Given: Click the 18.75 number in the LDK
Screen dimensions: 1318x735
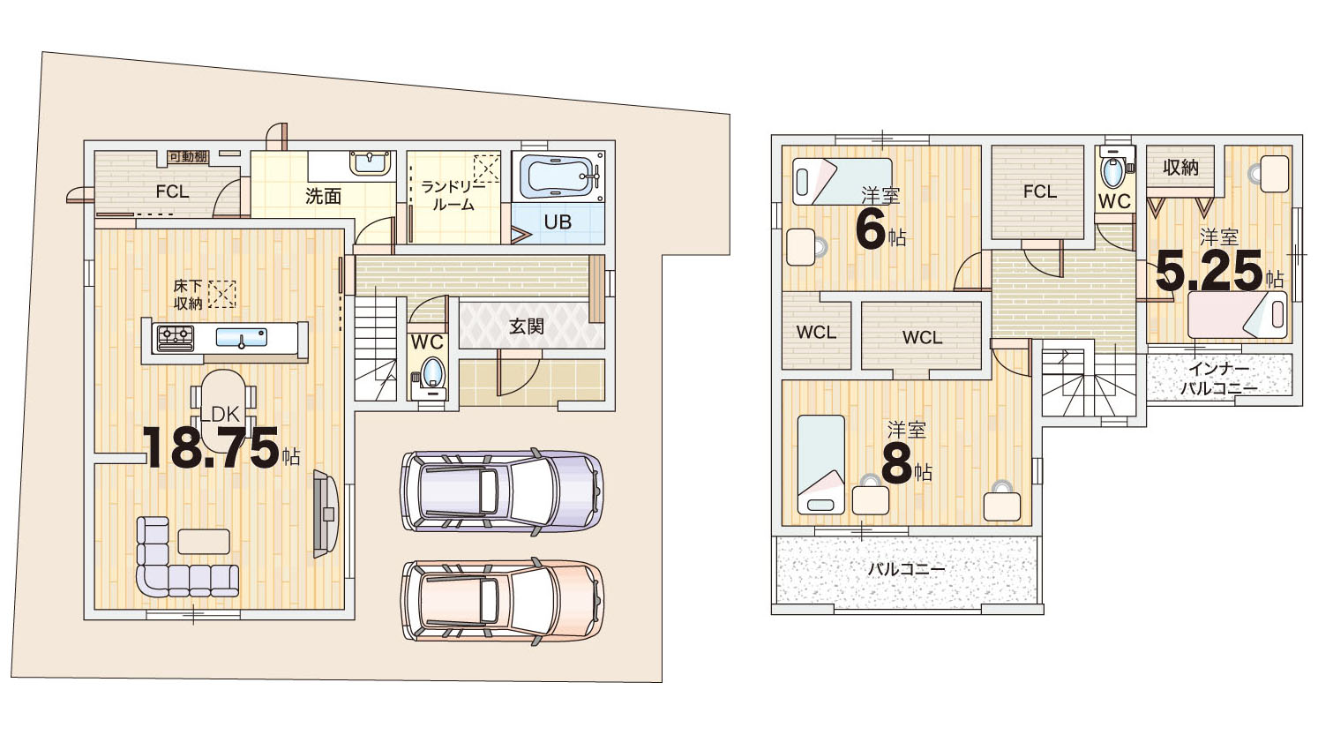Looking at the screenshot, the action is click(x=211, y=447).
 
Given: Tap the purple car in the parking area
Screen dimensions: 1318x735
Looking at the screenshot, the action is click(x=502, y=491).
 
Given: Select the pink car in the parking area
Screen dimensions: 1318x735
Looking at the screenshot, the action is click(x=502, y=601).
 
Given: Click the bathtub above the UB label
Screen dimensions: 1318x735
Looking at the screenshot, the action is click(x=559, y=176).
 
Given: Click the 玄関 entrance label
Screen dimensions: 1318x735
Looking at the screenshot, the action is click(x=526, y=326).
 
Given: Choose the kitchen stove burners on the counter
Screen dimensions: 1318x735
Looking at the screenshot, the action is click(x=176, y=338).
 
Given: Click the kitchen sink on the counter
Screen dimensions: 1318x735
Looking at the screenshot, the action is click(x=241, y=337).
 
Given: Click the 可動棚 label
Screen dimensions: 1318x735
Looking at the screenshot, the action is click(x=188, y=157).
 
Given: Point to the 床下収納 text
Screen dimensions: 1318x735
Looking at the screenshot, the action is click(x=188, y=295).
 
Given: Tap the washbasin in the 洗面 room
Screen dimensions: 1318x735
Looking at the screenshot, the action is click(x=371, y=163).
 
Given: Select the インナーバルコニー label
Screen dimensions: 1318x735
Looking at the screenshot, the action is click(x=1217, y=379).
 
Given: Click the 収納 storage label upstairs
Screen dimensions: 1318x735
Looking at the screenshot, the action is click(x=1180, y=168).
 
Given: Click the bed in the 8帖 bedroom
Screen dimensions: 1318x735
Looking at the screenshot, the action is click(x=820, y=464).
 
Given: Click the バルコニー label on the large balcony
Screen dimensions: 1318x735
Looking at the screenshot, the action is click(x=907, y=569).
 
